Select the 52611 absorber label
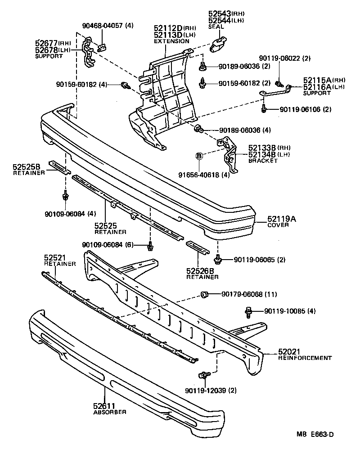click(104, 406)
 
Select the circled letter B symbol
click(198, 156)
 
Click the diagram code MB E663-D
click(315, 434)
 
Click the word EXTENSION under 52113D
click(171, 41)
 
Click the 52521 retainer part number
click(55, 258)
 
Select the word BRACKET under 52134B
click(263, 161)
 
